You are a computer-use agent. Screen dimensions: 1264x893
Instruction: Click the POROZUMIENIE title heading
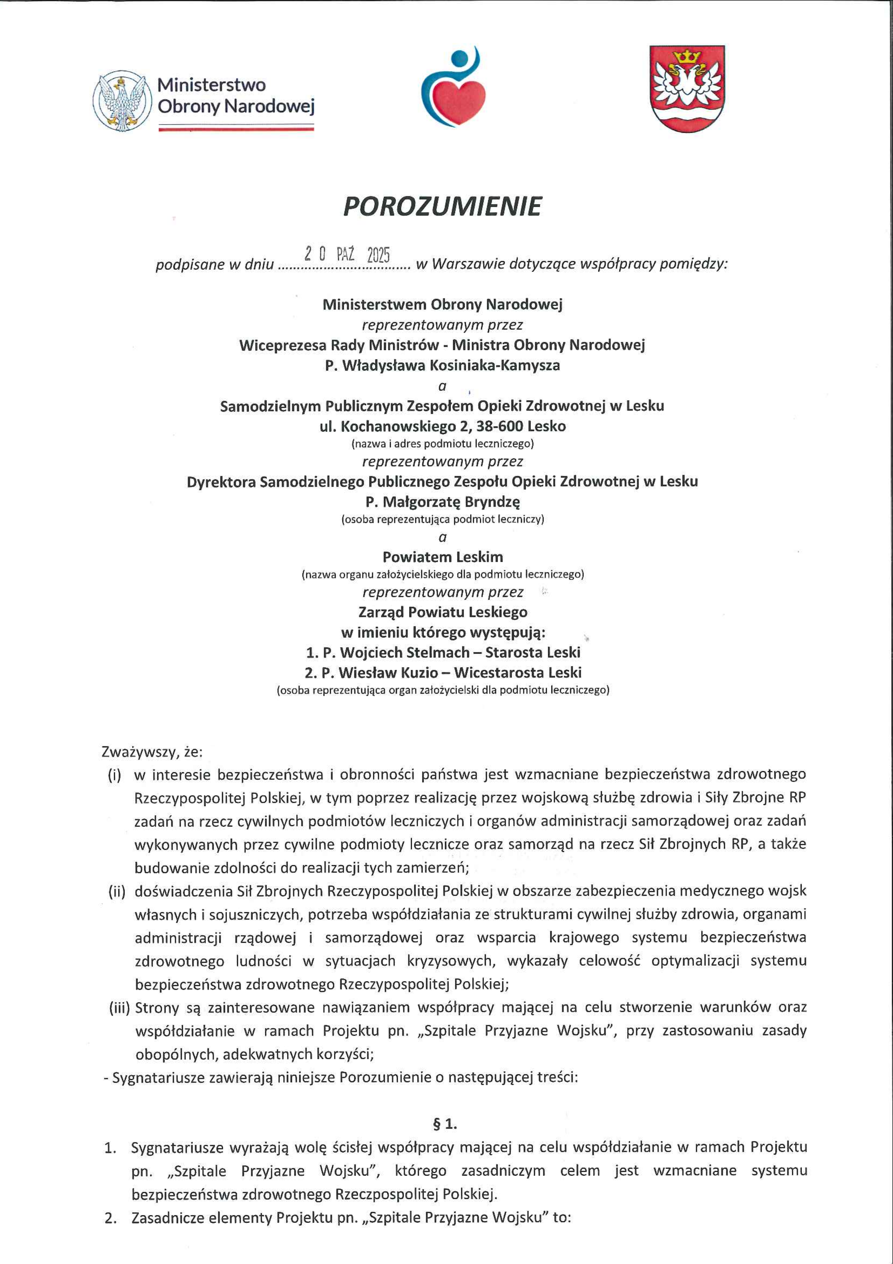click(442, 206)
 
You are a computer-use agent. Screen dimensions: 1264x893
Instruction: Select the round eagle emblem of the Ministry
click(122, 101)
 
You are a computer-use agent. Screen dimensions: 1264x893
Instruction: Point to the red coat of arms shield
click(687, 88)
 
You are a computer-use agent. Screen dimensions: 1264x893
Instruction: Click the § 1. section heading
click(445, 1124)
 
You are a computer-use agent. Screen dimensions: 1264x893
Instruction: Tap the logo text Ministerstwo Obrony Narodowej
click(235, 95)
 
